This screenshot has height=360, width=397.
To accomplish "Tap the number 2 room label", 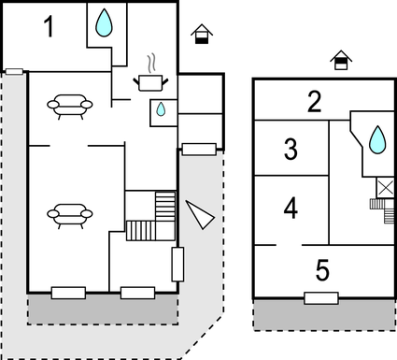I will [316, 101].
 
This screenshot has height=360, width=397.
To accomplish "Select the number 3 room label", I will [291, 149].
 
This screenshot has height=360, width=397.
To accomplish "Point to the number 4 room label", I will [291, 208].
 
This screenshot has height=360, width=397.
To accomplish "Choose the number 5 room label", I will [322, 270].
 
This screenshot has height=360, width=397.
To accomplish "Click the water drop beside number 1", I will [106, 21].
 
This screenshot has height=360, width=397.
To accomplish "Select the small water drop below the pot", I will [162, 109].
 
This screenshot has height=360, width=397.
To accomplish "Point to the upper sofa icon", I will [70, 106].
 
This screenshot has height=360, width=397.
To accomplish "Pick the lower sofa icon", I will [70, 215].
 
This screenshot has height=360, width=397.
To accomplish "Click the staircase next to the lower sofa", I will [152, 217].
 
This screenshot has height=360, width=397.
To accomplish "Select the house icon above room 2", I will [343, 61].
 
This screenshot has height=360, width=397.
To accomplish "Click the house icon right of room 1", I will [200, 36].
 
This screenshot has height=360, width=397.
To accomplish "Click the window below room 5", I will [321, 298].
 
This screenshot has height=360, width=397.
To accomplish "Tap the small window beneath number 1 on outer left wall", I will [14, 70].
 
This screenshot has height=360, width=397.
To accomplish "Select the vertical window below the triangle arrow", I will [177, 265].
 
